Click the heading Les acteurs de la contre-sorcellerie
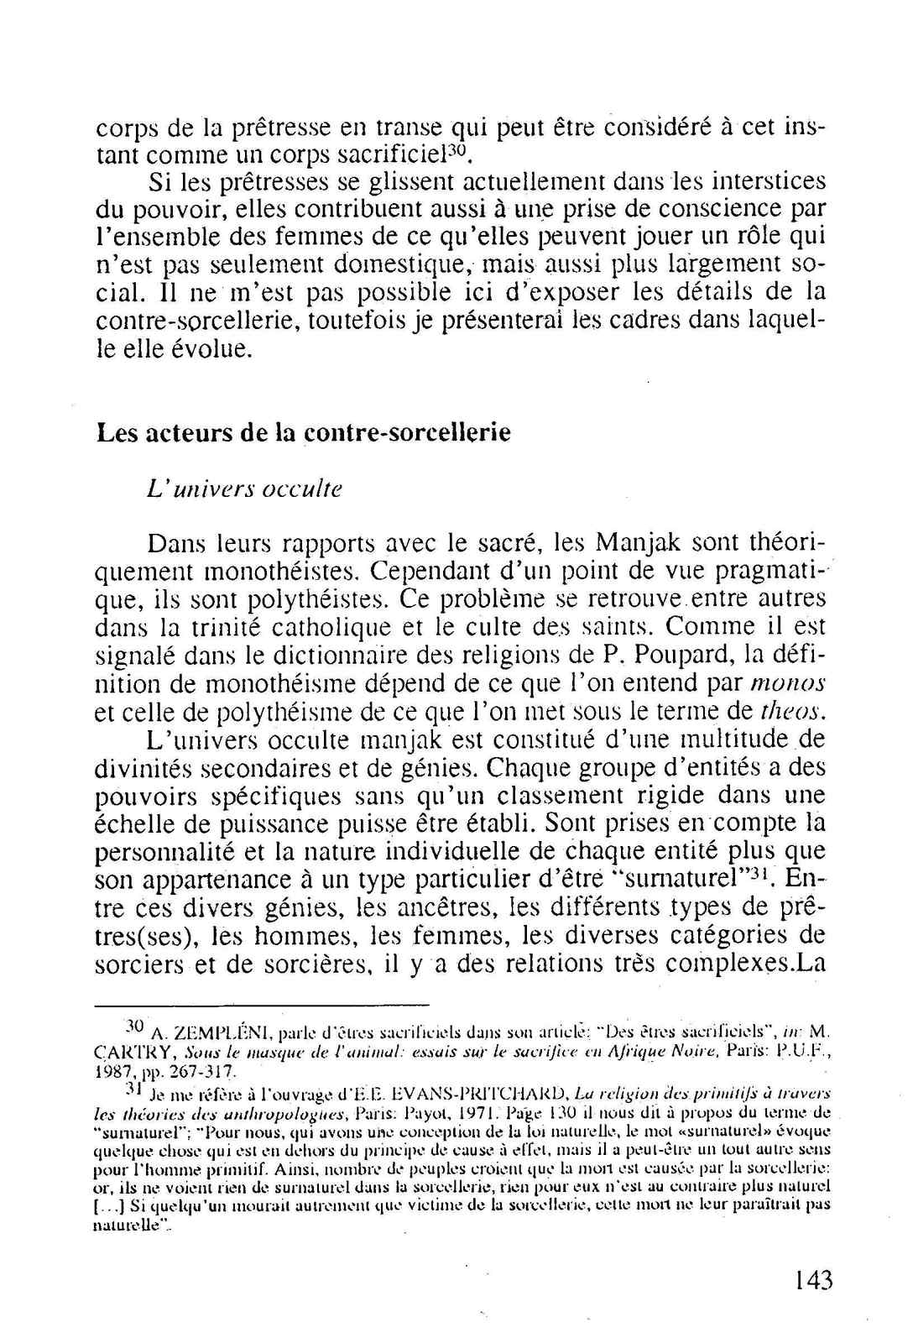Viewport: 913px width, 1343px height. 304,433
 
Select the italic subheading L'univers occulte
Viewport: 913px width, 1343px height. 244,489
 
